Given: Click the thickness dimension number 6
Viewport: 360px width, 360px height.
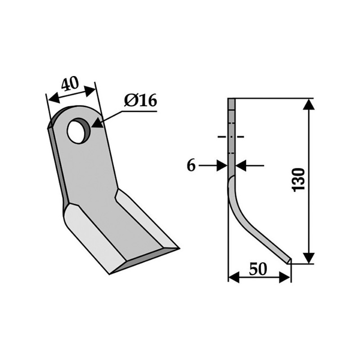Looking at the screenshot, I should click(191, 166).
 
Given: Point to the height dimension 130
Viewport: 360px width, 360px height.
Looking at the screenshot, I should click(298, 180).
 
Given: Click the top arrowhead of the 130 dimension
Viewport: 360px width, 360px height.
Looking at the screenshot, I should click(308, 104).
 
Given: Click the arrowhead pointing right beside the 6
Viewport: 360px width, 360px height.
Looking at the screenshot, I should click(223, 166).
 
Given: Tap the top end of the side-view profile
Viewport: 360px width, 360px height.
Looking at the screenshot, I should click(231, 100).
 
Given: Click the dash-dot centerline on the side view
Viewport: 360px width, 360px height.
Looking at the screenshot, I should click(231, 136).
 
